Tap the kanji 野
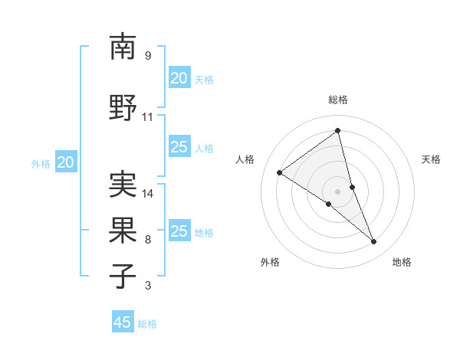tap(123, 107)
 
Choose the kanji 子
tap(123, 276)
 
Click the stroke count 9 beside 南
tap(148, 56)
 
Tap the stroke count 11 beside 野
tap(148, 117)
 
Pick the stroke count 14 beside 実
tap(148, 194)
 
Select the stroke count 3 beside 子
tap(148, 286)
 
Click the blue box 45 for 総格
tap(123, 322)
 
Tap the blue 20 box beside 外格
tap(66, 162)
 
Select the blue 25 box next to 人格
tap(179, 147)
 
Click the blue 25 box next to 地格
tap(179, 231)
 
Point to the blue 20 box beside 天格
tap(179, 77)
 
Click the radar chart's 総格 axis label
tap(338, 100)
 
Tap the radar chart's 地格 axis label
tap(402, 262)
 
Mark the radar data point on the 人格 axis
tap(279, 172)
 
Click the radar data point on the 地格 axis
tap(374, 242)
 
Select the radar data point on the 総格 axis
tap(338, 131)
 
